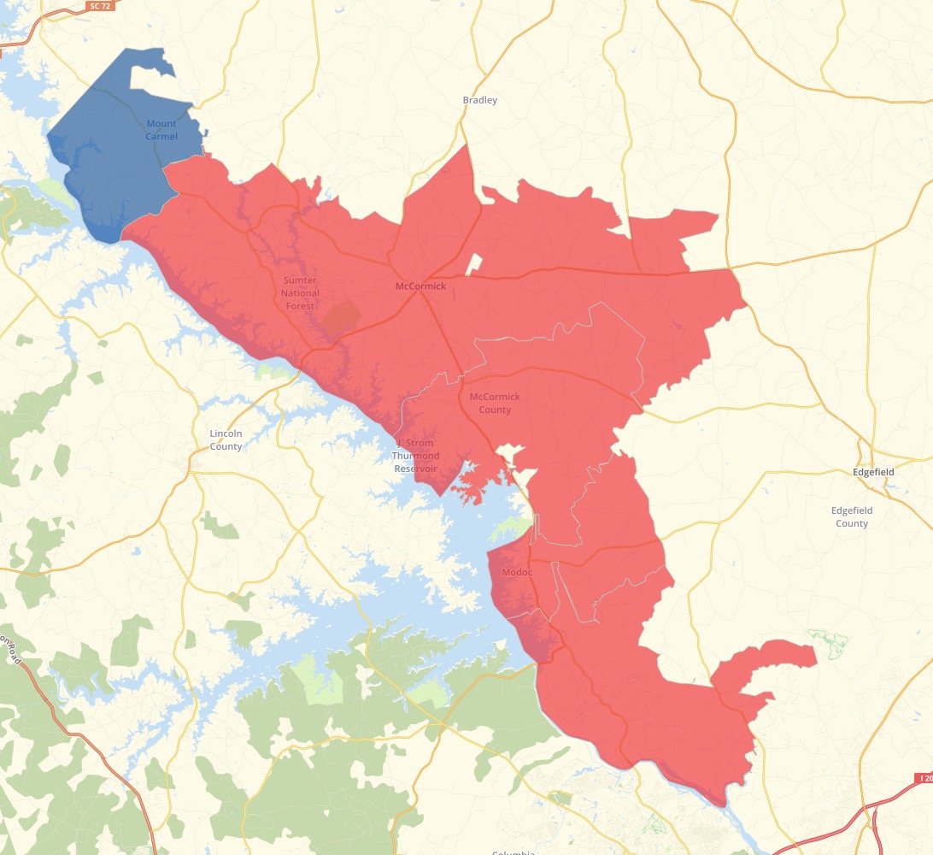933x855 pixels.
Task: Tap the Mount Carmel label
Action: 161,130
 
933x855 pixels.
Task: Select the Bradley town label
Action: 479,100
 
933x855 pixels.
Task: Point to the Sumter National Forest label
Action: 300,293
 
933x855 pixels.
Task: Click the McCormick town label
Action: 420,286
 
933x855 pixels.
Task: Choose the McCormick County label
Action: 495,403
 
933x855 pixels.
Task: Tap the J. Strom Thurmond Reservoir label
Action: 415,456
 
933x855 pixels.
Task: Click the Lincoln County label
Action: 226,439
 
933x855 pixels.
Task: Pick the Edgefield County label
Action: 851,516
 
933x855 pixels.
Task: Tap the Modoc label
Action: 517,571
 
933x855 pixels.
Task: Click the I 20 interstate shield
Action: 924,778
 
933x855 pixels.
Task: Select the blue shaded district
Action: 111,162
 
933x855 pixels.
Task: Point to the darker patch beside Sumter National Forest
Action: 341,318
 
